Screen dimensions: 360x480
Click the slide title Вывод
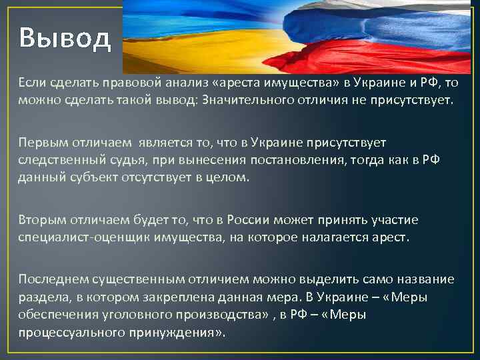[65, 39]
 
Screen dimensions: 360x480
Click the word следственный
[59, 161]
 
